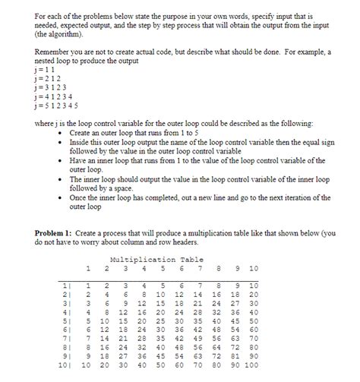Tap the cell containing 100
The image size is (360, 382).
pos(251,365)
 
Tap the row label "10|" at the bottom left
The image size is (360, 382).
pos(65,365)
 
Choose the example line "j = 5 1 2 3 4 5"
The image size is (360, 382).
pos(56,106)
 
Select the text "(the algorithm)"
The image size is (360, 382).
pos(60,34)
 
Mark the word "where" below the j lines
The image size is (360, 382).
pos(45,122)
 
